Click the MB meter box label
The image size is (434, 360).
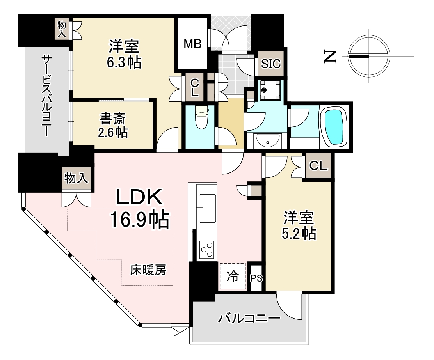(x=193, y=44)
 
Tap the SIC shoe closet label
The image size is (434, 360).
(x=271, y=64)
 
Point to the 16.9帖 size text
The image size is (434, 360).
(x=140, y=219)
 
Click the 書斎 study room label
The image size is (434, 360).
(x=113, y=119)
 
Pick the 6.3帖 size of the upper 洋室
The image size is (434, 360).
(x=124, y=62)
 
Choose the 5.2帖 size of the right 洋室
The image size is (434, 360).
(x=299, y=234)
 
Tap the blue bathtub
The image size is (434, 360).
(x=335, y=127)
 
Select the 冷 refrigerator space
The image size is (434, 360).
(x=233, y=276)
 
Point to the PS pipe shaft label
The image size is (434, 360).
(x=256, y=278)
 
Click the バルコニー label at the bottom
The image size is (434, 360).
(x=249, y=319)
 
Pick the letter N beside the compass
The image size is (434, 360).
(x=330, y=57)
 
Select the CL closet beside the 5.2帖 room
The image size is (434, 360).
(x=318, y=166)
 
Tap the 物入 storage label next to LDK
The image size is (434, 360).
(x=76, y=177)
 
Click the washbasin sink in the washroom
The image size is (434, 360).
(x=268, y=141)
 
